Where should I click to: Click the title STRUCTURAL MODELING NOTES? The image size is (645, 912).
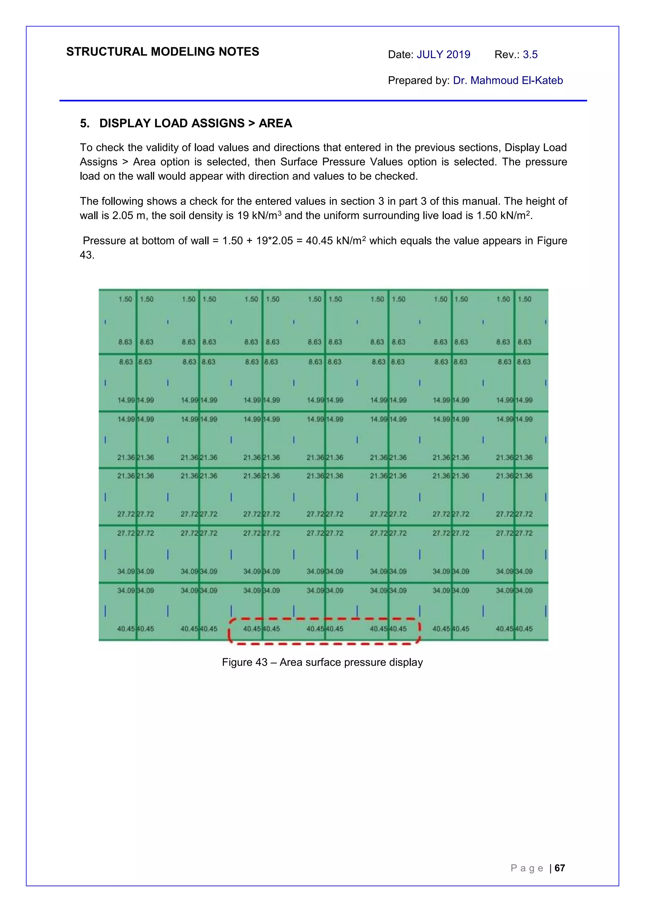tap(163, 52)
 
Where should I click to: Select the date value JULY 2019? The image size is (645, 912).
tap(443, 54)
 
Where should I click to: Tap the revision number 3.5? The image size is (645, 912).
tap(530, 54)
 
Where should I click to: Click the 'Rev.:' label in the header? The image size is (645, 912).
tap(507, 54)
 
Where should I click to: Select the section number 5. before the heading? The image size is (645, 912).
tap(84, 123)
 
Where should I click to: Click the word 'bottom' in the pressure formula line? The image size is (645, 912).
tap(153, 241)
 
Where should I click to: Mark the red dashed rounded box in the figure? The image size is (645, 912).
tap(324, 631)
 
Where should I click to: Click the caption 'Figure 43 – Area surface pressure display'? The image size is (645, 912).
tap(322, 662)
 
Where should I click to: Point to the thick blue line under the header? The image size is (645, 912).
tap(323, 100)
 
